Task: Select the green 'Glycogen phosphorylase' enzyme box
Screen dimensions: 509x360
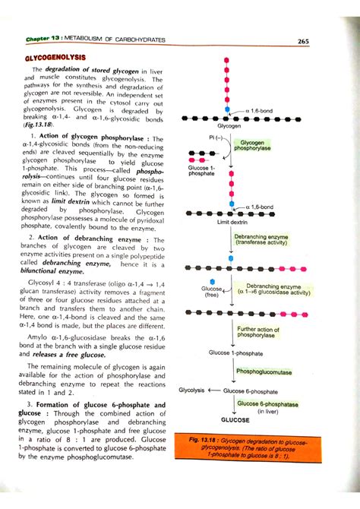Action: (x=252, y=146)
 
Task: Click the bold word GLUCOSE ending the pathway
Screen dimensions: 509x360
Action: (x=235, y=419)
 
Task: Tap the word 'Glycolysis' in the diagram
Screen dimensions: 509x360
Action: (x=191, y=390)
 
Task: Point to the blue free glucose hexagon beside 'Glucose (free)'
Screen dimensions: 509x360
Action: (x=213, y=280)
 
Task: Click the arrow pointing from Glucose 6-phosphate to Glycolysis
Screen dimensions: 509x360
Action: (x=213, y=390)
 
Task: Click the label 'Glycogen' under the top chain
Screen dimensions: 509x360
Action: (x=229, y=126)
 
